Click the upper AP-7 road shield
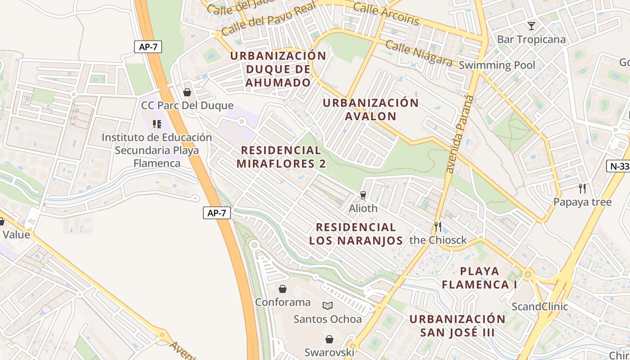[x=148, y=47]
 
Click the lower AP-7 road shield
[x=216, y=213]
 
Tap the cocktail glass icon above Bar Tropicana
[x=531, y=26]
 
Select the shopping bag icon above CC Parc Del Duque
[x=187, y=92]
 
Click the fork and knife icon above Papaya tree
[x=582, y=188]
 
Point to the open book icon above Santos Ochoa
[x=328, y=306]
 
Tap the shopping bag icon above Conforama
[x=283, y=288]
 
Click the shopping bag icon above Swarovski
[x=329, y=339]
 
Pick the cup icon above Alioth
[x=363, y=195]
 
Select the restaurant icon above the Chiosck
[x=438, y=226]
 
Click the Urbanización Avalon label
[x=371, y=109]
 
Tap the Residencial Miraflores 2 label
[x=281, y=157]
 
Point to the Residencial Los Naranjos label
[x=356, y=234]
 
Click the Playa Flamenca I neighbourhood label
[x=479, y=278]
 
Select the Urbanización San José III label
[x=458, y=326]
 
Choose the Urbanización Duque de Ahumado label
[x=278, y=69]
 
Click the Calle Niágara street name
[x=418, y=53]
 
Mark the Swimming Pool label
[x=497, y=65]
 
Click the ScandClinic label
[x=540, y=306]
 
